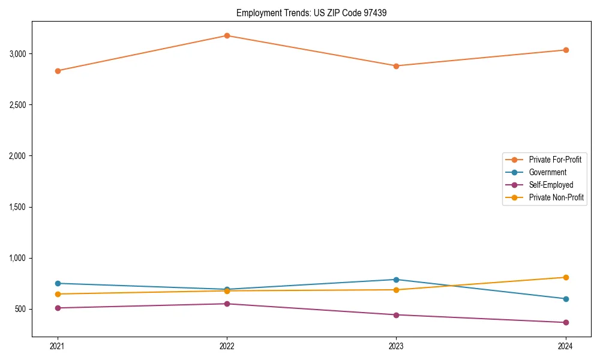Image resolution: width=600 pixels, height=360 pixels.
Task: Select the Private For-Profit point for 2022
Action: click(227, 35)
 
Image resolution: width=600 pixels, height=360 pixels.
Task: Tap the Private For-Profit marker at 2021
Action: click(58, 71)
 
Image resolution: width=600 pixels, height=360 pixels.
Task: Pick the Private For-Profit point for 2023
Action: click(396, 66)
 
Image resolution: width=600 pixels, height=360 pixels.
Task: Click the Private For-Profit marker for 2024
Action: click(565, 50)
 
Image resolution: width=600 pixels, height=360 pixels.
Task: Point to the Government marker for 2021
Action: click(58, 283)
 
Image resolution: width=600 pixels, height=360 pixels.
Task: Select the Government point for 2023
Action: click(396, 280)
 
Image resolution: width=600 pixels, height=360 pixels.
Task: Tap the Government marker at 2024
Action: click(565, 299)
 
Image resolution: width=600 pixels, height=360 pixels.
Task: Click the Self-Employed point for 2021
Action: click(58, 308)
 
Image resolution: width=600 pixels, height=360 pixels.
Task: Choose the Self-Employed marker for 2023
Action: click(396, 315)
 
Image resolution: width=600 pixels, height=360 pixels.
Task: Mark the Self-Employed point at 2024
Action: click(565, 323)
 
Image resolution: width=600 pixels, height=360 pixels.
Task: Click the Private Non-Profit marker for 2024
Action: click(565, 277)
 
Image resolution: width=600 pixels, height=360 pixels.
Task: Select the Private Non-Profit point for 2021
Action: click(58, 294)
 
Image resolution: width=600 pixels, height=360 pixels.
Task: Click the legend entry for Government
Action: click(547, 172)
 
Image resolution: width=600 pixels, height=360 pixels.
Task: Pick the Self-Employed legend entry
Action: click(551, 185)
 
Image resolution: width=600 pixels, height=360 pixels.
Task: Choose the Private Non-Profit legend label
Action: click(556, 197)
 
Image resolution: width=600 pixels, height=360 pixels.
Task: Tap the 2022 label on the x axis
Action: click(227, 346)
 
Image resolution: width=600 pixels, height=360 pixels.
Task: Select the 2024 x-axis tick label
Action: click(565, 346)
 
